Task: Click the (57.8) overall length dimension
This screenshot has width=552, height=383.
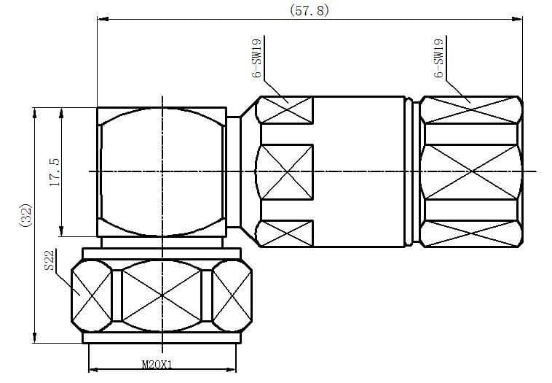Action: [x=309, y=10]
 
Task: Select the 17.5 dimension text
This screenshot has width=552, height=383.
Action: [x=55, y=172]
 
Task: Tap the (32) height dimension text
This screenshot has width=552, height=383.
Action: [x=25, y=215]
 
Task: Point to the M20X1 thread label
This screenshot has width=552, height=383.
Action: [x=157, y=364]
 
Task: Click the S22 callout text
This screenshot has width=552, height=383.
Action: [x=50, y=260]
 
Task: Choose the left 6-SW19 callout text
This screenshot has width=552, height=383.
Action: [x=257, y=58]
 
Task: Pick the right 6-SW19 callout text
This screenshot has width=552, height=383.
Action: [x=438, y=58]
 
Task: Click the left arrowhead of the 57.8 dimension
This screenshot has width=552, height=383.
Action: [x=103, y=19]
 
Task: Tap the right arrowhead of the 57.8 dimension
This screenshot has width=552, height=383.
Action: [x=517, y=19]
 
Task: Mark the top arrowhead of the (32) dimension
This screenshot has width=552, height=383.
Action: [x=34, y=114]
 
